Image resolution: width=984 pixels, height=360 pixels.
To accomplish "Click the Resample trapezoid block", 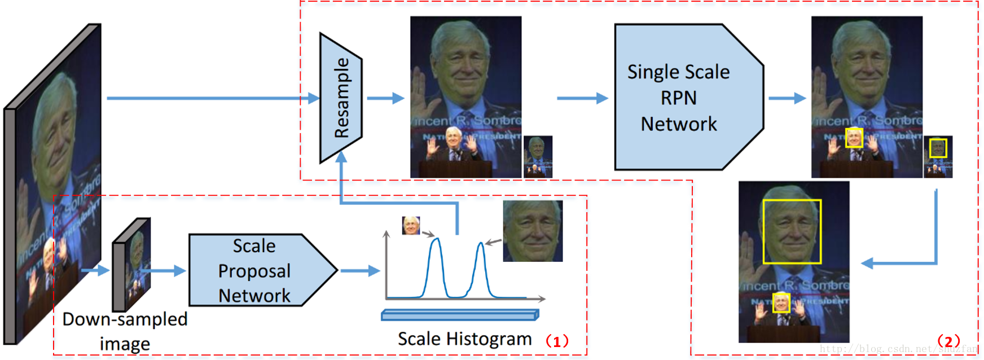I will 341,98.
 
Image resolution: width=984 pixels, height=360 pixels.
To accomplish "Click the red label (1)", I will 556,341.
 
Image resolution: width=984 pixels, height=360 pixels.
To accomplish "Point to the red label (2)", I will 948,341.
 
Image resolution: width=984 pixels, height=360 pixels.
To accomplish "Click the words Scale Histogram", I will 464,339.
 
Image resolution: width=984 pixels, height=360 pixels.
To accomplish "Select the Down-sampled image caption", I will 125,331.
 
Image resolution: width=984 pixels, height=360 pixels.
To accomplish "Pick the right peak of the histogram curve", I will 481,245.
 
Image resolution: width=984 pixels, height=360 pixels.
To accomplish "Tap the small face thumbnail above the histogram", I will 411,226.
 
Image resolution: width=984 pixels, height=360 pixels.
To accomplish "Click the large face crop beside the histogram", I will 533,231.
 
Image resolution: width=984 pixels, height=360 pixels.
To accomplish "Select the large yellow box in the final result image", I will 792,231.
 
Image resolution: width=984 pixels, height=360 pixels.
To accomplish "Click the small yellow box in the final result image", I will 781,303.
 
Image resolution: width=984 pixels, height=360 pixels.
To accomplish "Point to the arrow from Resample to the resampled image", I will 385,98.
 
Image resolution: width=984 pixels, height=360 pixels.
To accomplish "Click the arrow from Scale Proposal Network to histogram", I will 360,271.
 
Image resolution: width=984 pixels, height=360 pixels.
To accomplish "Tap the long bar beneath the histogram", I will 460,315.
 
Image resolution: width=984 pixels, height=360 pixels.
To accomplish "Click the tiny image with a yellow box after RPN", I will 938,157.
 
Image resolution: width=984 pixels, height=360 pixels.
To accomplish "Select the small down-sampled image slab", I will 132,265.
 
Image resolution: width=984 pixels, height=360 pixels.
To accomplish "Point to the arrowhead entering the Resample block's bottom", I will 341,157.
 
